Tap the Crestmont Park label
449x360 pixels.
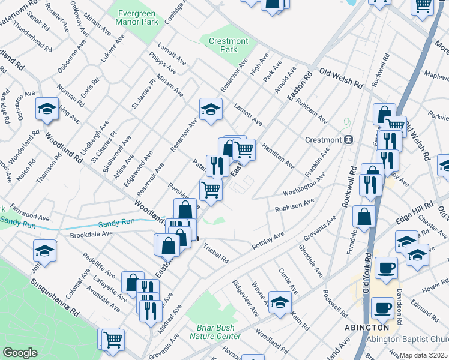[x=228, y=46]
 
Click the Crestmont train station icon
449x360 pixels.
[x=348, y=140]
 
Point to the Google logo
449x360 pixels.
[x=20, y=353]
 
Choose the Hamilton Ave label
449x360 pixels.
[x=277, y=155]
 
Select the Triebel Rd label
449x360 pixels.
[x=215, y=253]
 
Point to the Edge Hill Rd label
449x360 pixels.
[x=410, y=226]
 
